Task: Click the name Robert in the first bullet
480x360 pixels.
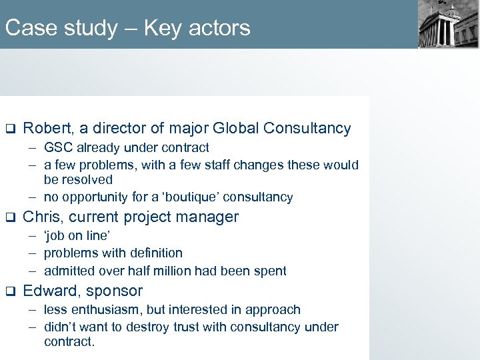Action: click(x=46, y=128)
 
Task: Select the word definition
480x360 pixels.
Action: click(x=152, y=253)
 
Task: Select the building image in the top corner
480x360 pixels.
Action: click(x=448, y=24)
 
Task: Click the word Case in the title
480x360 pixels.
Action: click(x=27, y=28)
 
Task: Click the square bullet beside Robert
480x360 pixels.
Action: click(x=10, y=129)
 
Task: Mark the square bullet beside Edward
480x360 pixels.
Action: click(x=10, y=291)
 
